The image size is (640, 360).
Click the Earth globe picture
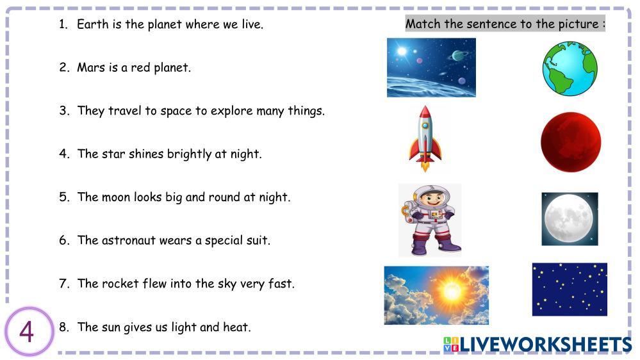[x=570, y=69]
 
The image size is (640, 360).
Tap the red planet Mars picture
[x=571, y=142]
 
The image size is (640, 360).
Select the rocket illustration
[x=425, y=138]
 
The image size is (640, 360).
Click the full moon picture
[x=570, y=219]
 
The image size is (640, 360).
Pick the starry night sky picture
[x=570, y=290]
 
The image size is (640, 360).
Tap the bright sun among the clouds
[x=451, y=291]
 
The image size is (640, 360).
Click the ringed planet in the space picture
[x=457, y=56]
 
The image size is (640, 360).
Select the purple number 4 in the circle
[x=26, y=332]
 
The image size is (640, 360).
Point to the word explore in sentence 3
[x=231, y=111]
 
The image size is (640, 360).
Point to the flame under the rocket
[x=425, y=166]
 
